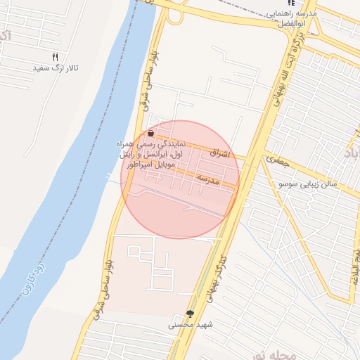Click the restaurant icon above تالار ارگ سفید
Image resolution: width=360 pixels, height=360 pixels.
click(x=56, y=58)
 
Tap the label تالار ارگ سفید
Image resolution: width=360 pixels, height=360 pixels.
click(x=56, y=69)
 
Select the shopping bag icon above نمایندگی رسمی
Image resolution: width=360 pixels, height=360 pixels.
click(x=151, y=132)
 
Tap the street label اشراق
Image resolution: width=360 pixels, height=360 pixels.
click(x=219, y=153)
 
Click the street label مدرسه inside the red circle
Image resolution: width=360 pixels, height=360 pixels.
click(x=209, y=179)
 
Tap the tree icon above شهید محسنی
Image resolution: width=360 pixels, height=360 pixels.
click(x=190, y=313)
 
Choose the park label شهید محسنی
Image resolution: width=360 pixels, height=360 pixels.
click(x=190, y=325)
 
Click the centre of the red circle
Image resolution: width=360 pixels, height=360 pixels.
click(x=180, y=179)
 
